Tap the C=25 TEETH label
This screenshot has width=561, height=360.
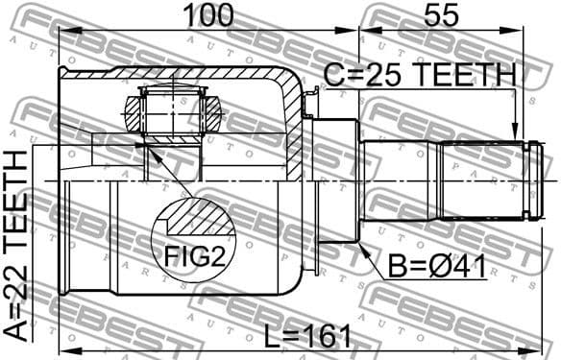[420, 74]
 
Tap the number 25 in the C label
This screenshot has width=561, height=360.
[377, 74]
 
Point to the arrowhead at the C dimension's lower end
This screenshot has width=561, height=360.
[517, 134]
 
